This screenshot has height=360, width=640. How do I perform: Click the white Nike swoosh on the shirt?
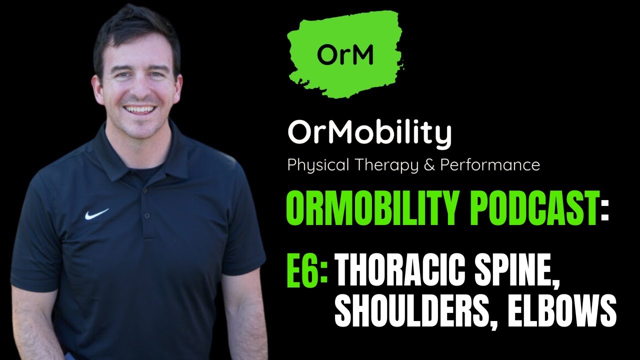(x=96, y=214)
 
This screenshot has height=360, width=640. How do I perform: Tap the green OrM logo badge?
(x=345, y=54)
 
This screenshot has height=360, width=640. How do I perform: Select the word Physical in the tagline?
(x=318, y=165)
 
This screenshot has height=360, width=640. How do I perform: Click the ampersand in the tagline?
(x=429, y=165)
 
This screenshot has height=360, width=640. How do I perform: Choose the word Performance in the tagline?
(x=490, y=165)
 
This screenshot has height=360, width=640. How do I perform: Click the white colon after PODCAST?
(x=605, y=213)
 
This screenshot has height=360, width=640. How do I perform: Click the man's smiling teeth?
(x=140, y=109)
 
